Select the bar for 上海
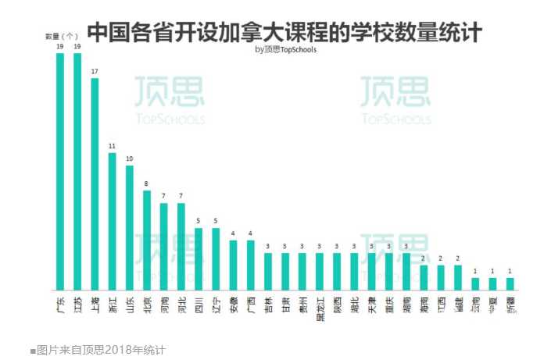(95, 184)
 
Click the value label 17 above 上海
(95, 71)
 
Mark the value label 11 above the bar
(112, 146)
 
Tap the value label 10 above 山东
(129, 159)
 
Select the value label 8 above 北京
(146, 184)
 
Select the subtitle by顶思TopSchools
(286, 50)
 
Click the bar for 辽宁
(216, 259)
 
